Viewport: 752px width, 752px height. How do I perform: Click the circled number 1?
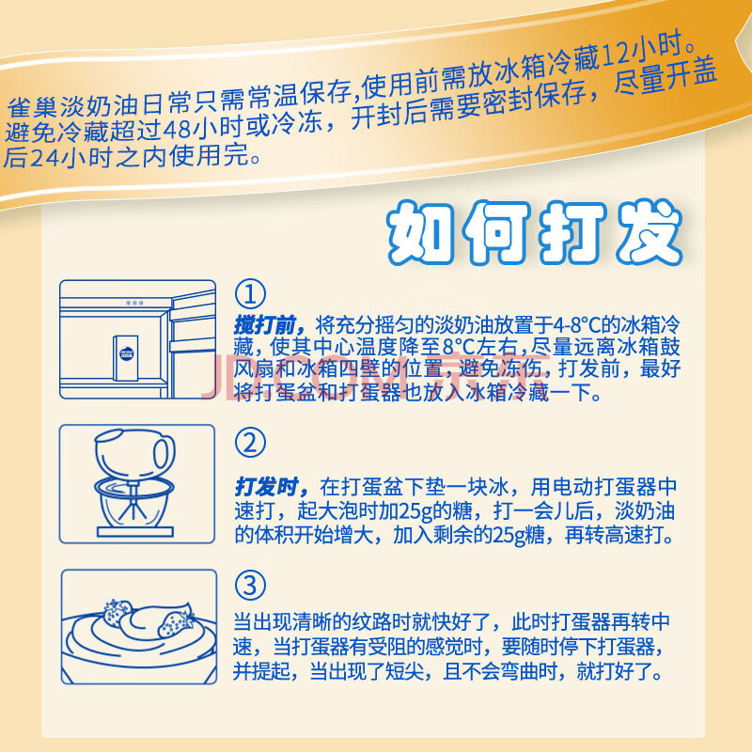(x=250, y=293)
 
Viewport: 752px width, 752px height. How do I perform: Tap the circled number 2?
(x=250, y=442)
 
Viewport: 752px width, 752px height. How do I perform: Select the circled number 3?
(x=250, y=585)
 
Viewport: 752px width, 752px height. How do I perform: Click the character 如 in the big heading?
(x=420, y=233)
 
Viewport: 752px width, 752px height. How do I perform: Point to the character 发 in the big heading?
(x=650, y=233)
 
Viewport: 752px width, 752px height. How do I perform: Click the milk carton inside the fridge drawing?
(x=126, y=358)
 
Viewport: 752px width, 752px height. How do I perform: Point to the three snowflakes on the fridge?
(x=134, y=303)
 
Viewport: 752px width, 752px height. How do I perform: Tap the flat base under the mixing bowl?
(x=134, y=532)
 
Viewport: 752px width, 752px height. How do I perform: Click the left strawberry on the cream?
(x=116, y=613)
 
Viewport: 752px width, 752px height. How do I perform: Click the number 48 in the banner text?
(x=178, y=130)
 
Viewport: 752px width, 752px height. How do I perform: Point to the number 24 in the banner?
(x=44, y=157)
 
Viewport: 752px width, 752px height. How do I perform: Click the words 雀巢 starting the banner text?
(x=33, y=106)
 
